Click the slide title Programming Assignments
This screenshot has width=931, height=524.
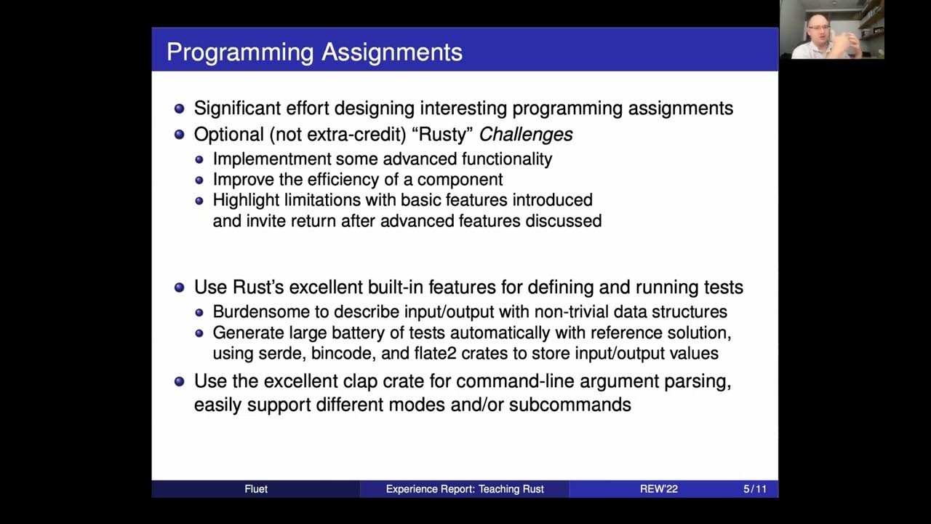(314, 52)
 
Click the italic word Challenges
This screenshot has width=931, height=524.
(525, 135)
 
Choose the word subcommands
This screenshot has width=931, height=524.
(570, 405)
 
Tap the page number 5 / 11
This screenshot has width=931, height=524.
(754, 489)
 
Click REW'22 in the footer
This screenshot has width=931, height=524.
(658, 489)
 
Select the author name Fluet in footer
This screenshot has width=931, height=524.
(256, 489)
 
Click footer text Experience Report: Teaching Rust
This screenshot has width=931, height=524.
(465, 489)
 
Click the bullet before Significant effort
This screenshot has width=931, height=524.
(180, 109)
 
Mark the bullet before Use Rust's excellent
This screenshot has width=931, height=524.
(180, 287)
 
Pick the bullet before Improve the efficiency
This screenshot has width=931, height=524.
(200, 180)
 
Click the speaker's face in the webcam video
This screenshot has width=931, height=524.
(818, 31)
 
